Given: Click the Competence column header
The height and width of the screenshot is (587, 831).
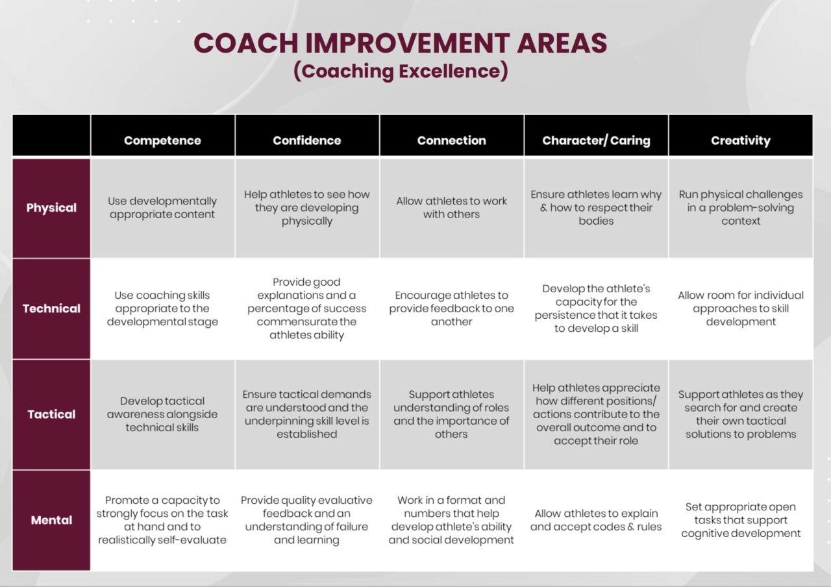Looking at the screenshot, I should (162, 140).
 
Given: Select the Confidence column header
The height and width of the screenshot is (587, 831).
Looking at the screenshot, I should (306, 140).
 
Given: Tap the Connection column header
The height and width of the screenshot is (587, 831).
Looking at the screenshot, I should (451, 140).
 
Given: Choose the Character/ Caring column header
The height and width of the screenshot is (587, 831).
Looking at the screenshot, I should (596, 140).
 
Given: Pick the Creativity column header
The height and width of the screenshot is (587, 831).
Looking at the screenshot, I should (741, 140).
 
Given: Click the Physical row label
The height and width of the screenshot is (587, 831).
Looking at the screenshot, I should (51, 208).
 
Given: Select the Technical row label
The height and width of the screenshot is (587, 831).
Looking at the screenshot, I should (51, 308).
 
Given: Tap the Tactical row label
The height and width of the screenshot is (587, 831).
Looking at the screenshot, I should (51, 414).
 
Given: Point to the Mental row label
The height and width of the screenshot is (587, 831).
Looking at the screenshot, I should (51, 520).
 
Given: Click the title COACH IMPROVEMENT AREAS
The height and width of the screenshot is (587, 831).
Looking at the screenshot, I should (400, 44).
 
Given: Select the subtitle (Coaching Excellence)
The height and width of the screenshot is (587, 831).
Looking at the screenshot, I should (400, 71).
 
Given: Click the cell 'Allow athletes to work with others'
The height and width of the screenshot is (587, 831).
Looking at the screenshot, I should (451, 208).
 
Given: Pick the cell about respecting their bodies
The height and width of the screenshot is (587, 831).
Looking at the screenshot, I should (596, 208).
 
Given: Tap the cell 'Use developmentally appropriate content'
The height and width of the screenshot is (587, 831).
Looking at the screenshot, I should (162, 208).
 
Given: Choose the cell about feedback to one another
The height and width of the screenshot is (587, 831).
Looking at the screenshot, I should (451, 308).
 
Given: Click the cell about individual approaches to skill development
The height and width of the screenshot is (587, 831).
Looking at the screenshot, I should (741, 308).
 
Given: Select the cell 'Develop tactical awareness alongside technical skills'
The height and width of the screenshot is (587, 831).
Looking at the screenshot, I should (162, 414).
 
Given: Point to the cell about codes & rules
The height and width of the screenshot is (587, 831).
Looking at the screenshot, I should (596, 520).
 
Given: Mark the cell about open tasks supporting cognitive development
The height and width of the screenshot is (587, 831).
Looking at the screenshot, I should (741, 520).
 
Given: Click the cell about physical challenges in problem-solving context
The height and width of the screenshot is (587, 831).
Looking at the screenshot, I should (741, 208).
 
